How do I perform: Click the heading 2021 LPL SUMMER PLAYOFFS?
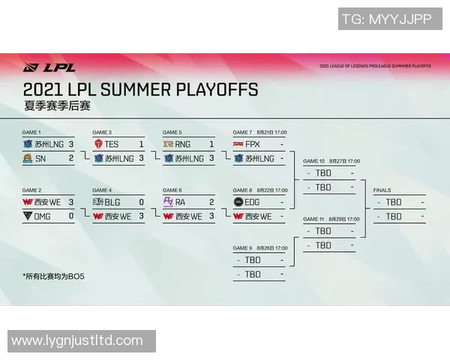click(x=140, y=90)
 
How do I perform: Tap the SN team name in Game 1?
click(x=40, y=158)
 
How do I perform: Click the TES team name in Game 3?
click(x=112, y=143)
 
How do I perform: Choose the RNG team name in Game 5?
click(x=182, y=143)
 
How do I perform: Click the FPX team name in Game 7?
click(x=253, y=143)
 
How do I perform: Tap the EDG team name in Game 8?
click(x=253, y=202)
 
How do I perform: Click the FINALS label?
click(x=382, y=190)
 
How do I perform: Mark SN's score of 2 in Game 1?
click(x=71, y=158)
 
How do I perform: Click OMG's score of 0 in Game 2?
click(x=71, y=216)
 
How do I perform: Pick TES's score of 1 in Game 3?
click(x=141, y=143)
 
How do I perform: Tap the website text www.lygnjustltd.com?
click(x=77, y=340)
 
